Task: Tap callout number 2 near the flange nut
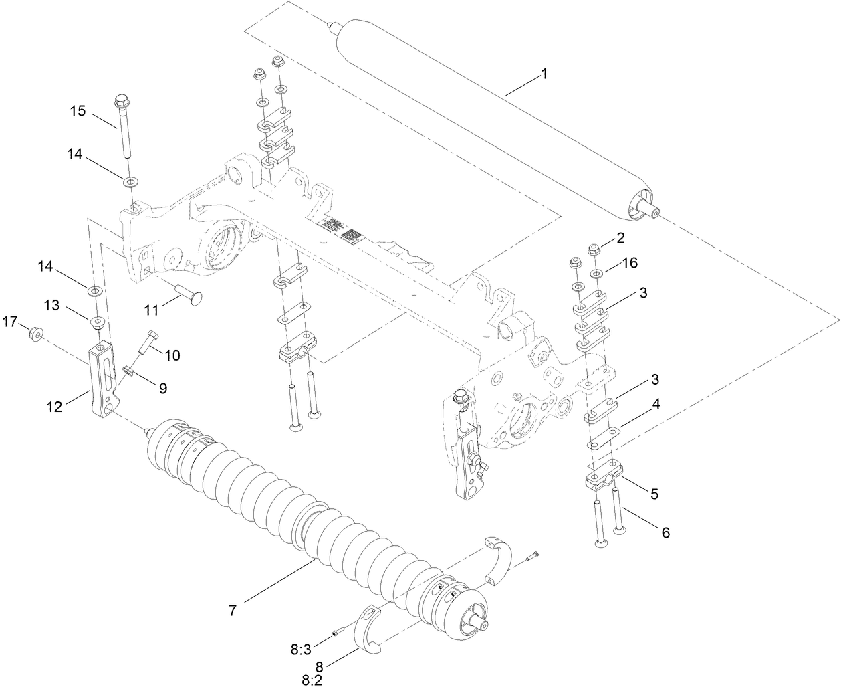pyautogui.click(x=620, y=237)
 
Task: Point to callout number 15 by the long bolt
pyautogui.click(x=78, y=110)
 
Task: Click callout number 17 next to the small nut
pyautogui.click(x=9, y=322)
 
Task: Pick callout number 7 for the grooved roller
pyautogui.click(x=232, y=610)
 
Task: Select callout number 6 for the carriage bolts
pyautogui.click(x=665, y=532)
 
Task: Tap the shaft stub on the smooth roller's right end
pyautogui.click(x=650, y=211)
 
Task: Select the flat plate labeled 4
pyautogui.click(x=604, y=439)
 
